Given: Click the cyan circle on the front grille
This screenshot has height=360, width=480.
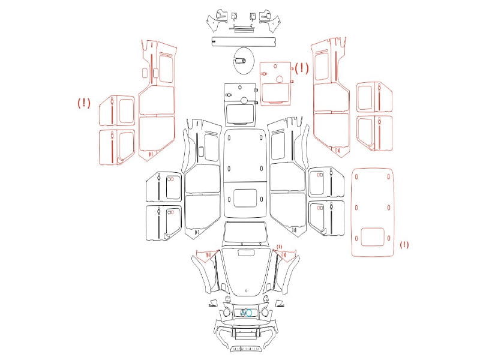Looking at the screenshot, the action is point(249,313).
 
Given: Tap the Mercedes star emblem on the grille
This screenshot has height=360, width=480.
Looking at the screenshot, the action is point(244,313).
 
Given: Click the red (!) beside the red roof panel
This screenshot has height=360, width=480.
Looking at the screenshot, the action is point(404,245).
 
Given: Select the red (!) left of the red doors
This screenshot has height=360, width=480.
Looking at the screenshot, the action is point(84,103).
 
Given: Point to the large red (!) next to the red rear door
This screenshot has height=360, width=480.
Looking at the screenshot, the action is point(302,68).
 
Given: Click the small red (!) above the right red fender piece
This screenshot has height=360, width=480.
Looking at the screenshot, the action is point(279,247).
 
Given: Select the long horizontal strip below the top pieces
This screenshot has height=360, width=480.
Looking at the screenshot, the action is point(244,41).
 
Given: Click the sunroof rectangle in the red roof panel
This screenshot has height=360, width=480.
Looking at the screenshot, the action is point(372,236).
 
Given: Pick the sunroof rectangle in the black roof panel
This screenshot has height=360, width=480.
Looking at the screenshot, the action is point(245,197).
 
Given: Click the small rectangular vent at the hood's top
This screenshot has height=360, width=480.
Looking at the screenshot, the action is point(246,253).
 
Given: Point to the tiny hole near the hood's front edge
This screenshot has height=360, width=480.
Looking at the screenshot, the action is point(246,291).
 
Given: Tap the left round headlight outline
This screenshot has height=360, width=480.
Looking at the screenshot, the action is point(227,313).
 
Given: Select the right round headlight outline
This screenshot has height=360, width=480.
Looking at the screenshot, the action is point(265,313).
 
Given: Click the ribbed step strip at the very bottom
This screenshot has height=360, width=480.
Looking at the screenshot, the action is point(245,349).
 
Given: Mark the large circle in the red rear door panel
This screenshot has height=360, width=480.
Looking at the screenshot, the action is point(280,79).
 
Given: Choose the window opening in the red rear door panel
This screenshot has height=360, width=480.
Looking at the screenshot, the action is point(275,92).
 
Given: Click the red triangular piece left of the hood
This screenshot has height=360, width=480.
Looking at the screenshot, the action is point(208,254).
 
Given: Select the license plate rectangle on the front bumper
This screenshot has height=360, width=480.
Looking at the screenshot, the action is point(245,331).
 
